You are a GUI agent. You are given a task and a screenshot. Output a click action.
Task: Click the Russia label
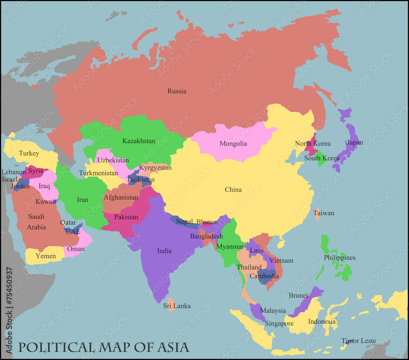(177, 91)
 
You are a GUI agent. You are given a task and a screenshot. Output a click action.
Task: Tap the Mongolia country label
(233, 144)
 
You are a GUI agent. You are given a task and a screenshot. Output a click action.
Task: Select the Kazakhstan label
(139, 141)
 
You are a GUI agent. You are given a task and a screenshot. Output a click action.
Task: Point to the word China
(233, 190)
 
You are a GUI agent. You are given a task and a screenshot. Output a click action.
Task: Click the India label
(164, 251)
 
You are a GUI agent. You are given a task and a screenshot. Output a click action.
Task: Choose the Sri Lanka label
(177, 306)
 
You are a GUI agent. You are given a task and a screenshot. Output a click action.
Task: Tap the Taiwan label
(324, 213)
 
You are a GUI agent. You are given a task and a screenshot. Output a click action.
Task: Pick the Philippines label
(339, 258)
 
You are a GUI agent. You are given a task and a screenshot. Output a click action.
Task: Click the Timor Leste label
(359, 341)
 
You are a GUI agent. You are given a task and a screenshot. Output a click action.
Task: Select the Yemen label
(46, 256)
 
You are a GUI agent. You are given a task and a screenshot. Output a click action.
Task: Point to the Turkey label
(29, 154)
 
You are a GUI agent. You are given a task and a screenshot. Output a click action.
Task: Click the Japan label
(355, 143)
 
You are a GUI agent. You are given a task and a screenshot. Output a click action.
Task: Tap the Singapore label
(279, 324)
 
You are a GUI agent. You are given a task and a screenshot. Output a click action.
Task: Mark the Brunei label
(298, 295)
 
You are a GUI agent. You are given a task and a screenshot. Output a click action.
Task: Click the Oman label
(76, 249)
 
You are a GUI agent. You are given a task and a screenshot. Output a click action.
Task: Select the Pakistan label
(126, 217)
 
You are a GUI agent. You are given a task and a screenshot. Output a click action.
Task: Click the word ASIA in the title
(173, 348)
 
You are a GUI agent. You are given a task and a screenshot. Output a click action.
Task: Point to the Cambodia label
(264, 276)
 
